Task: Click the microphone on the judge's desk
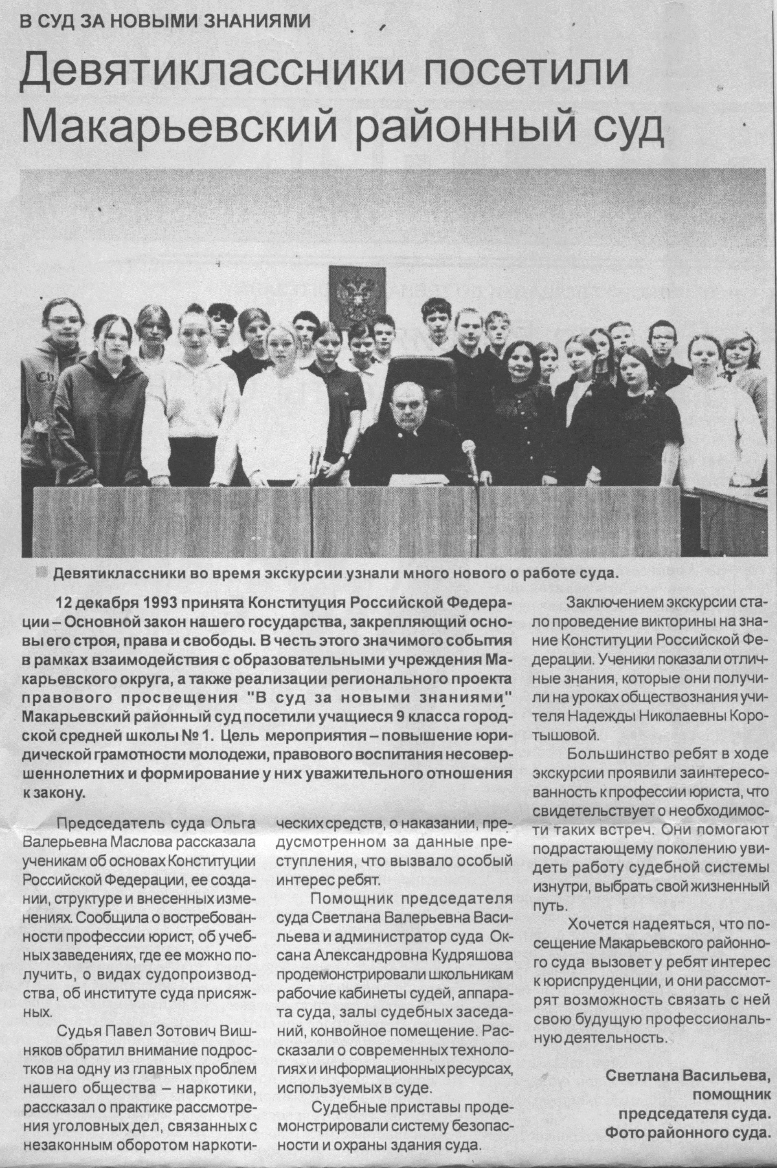468,449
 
